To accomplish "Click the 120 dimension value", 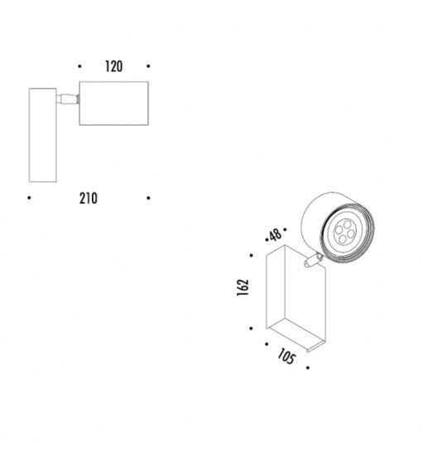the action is pos(113,66).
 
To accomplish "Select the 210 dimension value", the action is pos(89,199).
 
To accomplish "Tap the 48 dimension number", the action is pos(276,235).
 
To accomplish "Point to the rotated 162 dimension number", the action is pos(242,287).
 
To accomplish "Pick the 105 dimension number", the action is pos(286,357).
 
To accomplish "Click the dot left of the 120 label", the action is pos(79,66).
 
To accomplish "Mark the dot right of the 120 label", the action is pos(148,66).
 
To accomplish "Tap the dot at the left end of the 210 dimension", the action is pos(29,198).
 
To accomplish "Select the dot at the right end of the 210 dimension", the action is pos(148,198).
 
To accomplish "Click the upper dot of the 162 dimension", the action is pos(252,255).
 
